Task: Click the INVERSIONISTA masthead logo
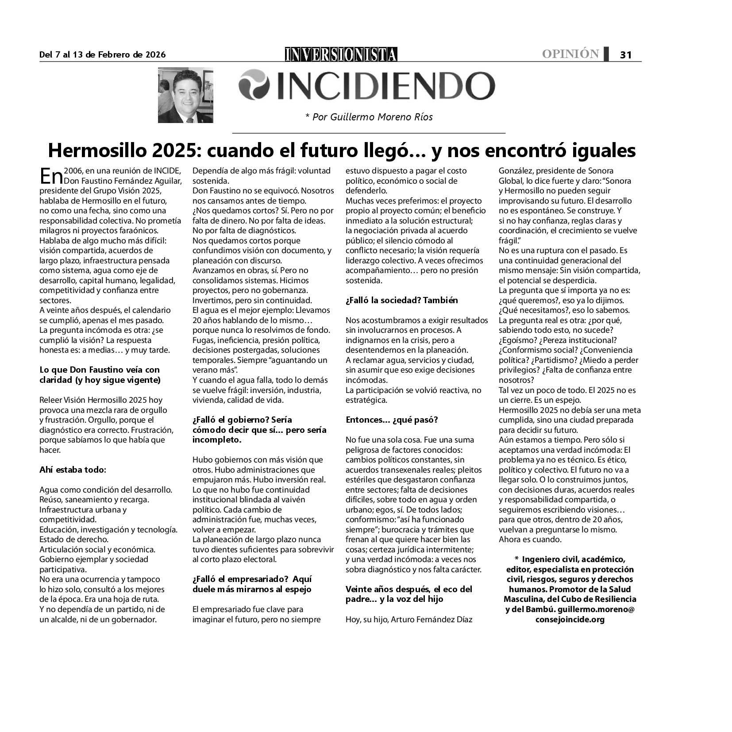click(x=341, y=54)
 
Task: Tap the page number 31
click(x=625, y=55)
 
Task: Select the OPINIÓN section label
click(x=570, y=54)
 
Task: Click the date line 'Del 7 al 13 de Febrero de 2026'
click(x=102, y=55)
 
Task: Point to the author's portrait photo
click(x=185, y=95)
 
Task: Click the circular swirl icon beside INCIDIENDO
click(x=254, y=85)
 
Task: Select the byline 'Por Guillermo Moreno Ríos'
click(x=369, y=117)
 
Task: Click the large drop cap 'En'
click(x=50, y=176)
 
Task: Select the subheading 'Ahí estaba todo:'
click(x=73, y=470)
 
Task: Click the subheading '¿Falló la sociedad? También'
click(x=401, y=300)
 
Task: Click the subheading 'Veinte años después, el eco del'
click(x=408, y=589)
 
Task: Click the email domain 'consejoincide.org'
click(x=570, y=619)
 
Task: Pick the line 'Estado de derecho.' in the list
click(x=68, y=539)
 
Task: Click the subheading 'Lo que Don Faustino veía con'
click(x=100, y=370)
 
